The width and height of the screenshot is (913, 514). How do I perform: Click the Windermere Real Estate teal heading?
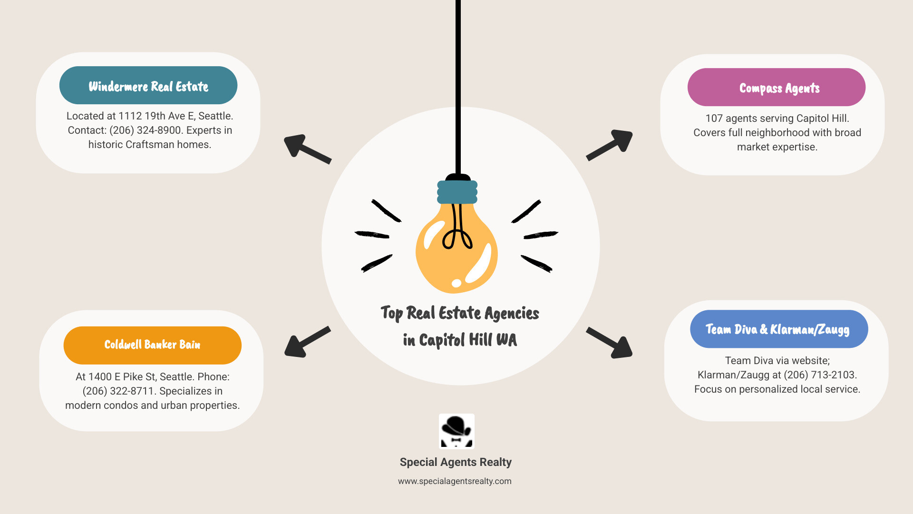(148, 86)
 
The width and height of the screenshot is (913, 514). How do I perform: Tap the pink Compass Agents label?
(779, 88)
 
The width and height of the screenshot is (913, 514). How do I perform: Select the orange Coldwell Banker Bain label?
(152, 345)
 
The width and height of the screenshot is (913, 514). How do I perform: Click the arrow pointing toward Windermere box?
(306, 148)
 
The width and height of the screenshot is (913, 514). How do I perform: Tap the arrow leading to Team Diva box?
(610, 343)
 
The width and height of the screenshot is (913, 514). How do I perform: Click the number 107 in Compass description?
(714, 119)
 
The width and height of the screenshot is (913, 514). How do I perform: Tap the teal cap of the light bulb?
(457, 192)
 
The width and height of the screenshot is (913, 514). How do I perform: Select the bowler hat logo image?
(456, 431)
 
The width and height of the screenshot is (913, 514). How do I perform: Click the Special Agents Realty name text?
(456, 462)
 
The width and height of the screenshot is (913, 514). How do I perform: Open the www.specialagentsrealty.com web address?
(455, 481)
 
